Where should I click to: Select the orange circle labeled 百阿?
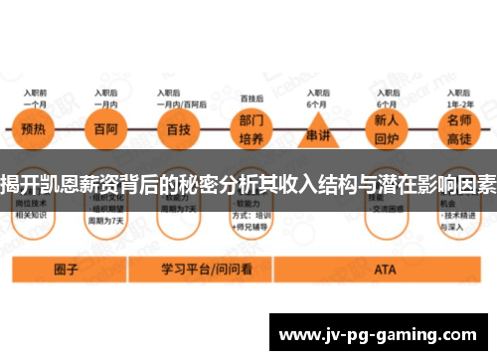tap(102, 129)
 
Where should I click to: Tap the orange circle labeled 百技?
tap(176, 129)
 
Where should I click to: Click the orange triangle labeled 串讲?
tap(317, 131)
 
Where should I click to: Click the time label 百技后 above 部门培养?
tap(251, 98)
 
